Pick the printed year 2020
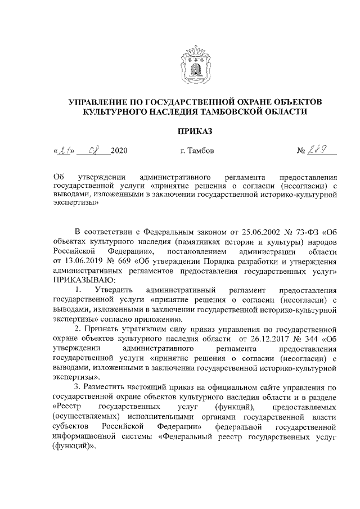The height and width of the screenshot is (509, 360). tap(120, 151)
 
